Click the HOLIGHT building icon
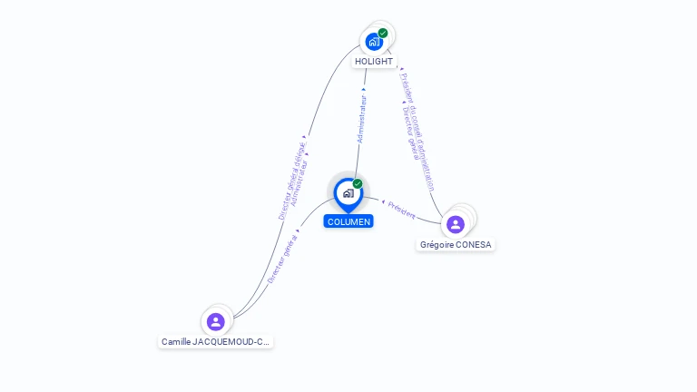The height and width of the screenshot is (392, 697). (373, 41)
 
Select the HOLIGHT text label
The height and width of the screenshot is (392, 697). (374, 62)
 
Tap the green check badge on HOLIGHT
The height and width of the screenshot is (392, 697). (383, 33)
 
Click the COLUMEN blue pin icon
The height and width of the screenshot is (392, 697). (348, 193)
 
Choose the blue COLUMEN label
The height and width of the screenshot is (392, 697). (348, 221)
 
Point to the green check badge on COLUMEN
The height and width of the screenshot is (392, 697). (358, 184)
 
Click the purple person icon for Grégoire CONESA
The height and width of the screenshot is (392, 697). (456, 224)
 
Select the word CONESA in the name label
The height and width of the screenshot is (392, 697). (476, 245)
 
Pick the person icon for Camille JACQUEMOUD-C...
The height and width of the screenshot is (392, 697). (215, 321)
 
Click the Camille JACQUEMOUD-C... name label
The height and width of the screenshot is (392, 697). (215, 342)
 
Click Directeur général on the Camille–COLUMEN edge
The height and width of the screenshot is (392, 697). (282, 259)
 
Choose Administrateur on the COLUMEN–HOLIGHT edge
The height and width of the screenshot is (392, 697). (361, 119)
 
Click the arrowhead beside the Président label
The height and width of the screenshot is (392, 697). (383, 202)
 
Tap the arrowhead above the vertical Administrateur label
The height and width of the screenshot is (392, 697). (364, 89)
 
